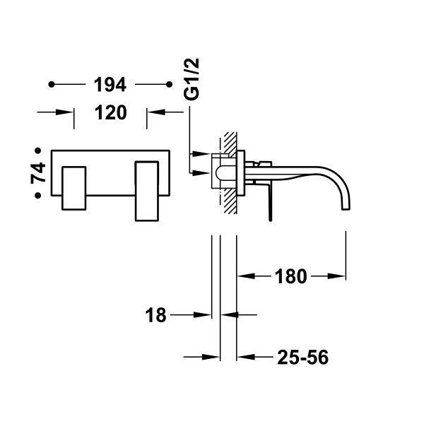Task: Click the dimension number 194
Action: (110, 86)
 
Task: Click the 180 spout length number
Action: (290, 276)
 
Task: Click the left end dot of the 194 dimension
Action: (52, 86)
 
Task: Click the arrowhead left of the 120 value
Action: (68, 112)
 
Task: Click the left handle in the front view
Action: (73, 189)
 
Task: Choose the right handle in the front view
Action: (149, 189)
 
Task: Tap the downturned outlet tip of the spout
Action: (346, 206)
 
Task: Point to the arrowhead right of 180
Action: (340, 276)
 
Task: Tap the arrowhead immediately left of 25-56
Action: (244, 358)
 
